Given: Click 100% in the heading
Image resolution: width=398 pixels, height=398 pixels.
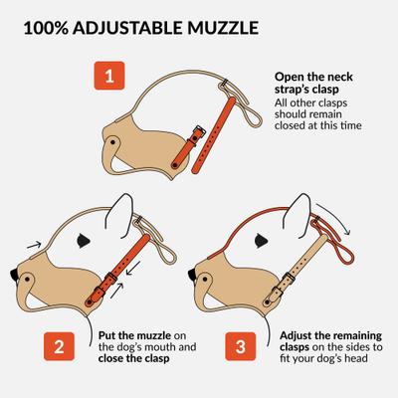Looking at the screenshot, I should (x=50, y=22).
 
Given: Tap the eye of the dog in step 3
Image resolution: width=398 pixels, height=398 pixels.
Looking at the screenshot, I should (x=257, y=240).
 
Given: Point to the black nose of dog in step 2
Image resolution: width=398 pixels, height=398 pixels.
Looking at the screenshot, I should (x=11, y=272).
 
